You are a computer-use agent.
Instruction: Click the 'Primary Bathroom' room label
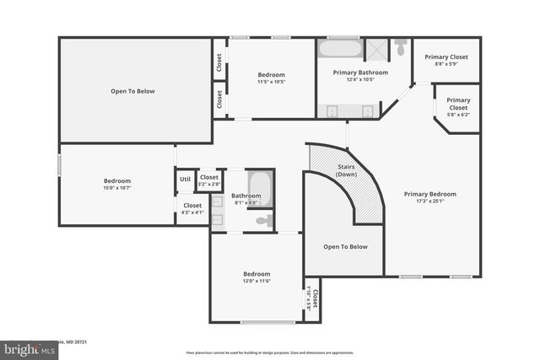[x=360, y=73]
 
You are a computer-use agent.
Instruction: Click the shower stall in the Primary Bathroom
[x=377, y=48]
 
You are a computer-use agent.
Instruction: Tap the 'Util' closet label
[x=185, y=179]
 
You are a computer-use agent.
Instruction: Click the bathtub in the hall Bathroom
[x=260, y=187]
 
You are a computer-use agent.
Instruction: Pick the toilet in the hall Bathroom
[x=263, y=221]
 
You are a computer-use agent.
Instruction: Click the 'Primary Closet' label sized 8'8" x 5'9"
[x=445, y=56]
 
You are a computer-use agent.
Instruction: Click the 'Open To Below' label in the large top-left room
[x=132, y=90]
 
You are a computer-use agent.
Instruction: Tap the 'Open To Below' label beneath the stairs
[x=346, y=246]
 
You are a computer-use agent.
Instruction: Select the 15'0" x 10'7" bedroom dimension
[x=116, y=187]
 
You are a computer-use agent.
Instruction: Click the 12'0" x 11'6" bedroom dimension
[x=256, y=281]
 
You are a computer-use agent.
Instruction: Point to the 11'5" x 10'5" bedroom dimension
[x=271, y=82]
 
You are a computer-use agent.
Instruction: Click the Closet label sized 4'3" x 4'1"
[x=192, y=212]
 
